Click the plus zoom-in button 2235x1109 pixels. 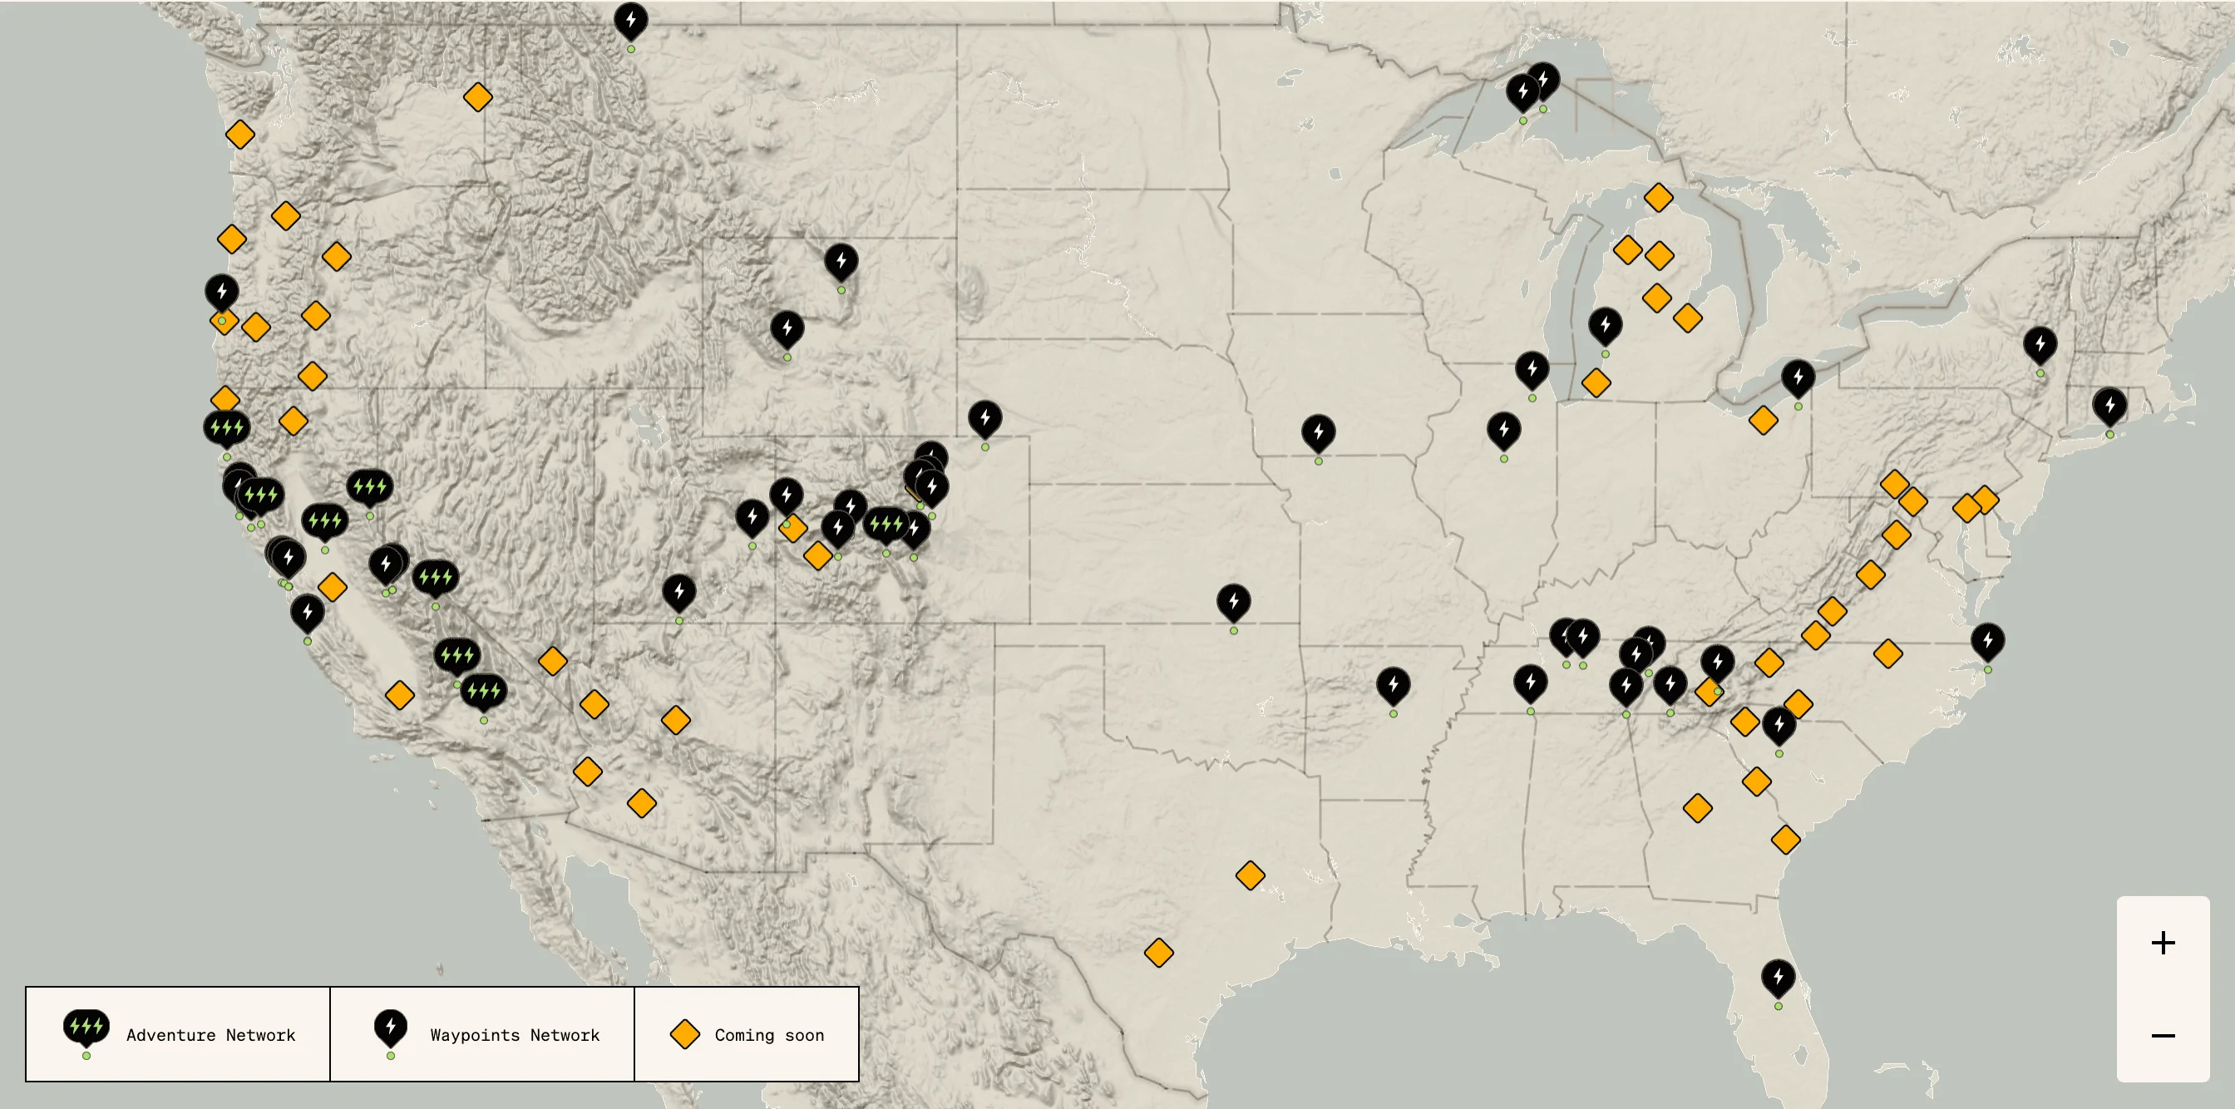point(2162,943)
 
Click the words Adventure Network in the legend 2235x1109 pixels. point(211,1034)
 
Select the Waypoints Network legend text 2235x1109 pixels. point(515,1034)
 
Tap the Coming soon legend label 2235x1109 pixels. point(769,1034)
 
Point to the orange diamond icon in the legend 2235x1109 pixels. point(684,1034)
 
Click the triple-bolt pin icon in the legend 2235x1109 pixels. point(86,1028)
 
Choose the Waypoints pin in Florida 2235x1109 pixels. point(1778,978)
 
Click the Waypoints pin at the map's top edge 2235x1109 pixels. point(631,21)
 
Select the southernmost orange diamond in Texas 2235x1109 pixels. point(1158,952)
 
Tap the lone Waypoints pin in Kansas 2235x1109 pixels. point(1233,601)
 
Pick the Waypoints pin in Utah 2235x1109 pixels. point(678,592)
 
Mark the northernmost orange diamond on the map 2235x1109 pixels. point(477,97)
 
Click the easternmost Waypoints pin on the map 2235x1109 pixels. point(2109,405)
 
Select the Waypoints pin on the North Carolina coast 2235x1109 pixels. point(1987,641)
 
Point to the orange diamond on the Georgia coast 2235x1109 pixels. point(1784,839)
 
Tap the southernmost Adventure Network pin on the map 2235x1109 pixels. point(483,691)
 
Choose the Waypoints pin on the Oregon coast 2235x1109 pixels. point(222,292)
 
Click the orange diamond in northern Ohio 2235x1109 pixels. point(1763,421)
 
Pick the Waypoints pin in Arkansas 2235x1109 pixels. point(1393,685)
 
